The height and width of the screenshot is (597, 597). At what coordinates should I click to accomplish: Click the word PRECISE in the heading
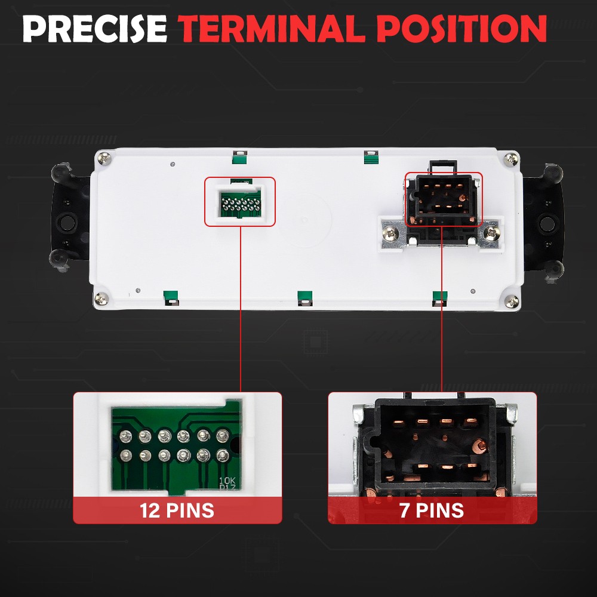95,29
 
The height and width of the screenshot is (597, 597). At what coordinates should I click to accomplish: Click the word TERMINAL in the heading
272,29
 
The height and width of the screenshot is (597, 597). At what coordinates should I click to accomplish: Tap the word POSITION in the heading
464,29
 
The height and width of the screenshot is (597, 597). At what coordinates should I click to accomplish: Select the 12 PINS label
177,510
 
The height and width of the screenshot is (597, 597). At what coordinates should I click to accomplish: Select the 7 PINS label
432,510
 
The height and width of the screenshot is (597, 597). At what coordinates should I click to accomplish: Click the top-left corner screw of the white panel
104,158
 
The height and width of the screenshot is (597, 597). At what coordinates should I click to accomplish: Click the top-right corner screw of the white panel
510,159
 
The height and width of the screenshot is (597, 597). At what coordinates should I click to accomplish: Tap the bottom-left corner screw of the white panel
101,298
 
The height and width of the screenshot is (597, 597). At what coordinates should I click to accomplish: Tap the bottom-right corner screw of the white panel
512,301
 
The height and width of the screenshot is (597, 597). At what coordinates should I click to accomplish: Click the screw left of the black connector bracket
390,233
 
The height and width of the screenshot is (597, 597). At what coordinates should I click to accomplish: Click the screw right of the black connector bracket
491,232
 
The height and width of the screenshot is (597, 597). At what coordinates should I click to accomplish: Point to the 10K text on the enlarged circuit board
227,481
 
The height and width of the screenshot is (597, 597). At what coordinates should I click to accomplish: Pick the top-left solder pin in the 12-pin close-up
125,436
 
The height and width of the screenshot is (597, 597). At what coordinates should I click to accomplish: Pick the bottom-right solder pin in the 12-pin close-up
223,456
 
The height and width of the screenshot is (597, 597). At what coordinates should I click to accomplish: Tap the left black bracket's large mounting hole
67,222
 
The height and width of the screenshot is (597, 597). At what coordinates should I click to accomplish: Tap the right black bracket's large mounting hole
547,223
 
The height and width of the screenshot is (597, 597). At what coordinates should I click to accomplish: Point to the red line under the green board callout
241,309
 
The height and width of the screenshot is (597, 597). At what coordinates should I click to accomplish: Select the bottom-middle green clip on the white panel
305,298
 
